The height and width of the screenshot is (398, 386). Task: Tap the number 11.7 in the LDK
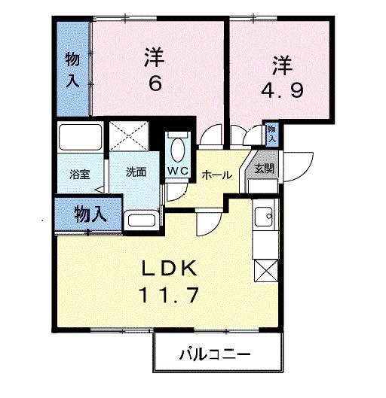coord(170,296)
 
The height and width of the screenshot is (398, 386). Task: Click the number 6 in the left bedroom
coord(155,84)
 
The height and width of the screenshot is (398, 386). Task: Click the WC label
coord(178,171)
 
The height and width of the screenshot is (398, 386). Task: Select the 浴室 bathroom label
coord(81,173)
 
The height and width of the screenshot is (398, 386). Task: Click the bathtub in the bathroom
coord(81,140)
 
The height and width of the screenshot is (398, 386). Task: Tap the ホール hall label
coord(217,175)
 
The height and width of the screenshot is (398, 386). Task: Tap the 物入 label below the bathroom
coord(89,214)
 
